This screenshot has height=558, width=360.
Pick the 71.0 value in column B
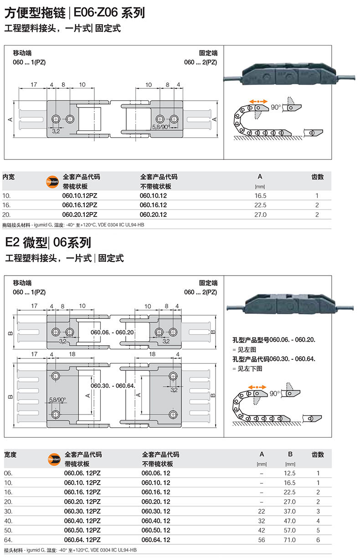click(290, 540)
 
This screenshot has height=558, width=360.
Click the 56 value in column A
click(262, 540)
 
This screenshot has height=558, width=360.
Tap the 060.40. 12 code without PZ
click(156, 521)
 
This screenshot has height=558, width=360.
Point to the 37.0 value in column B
click(290, 512)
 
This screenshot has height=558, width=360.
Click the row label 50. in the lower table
click(9, 531)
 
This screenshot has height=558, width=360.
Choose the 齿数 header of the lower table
click(318, 455)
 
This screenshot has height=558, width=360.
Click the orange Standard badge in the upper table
click(53, 181)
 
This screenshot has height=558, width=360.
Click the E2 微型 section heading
click(26, 242)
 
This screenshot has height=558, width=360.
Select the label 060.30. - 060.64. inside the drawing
click(113, 386)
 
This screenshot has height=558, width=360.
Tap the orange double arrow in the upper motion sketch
click(258, 101)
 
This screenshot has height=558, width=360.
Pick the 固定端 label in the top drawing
click(208, 53)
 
